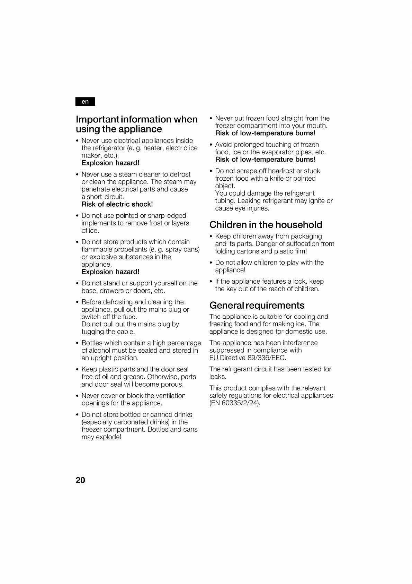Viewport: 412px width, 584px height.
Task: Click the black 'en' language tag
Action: pyautogui.click(x=85, y=102)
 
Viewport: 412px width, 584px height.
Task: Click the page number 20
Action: pyautogui.click(x=80, y=480)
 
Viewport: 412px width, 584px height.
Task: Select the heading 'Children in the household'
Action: pyautogui.click(x=266, y=225)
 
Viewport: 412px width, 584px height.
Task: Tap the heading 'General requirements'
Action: pyautogui.click(x=257, y=305)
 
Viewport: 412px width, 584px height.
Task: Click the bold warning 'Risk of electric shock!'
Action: pyautogui.click(x=117, y=204)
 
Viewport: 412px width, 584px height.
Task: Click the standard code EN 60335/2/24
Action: pyautogui.click(x=235, y=403)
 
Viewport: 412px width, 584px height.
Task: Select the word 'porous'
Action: pyautogui.click(x=172, y=384)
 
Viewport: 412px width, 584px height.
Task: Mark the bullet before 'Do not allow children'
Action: pyautogui.click(x=211, y=263)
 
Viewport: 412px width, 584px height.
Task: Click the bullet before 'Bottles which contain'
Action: pyautogui.click(x=77, y=343)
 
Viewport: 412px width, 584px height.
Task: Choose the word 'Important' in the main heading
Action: pyautogui.click(x=98, y=119)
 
